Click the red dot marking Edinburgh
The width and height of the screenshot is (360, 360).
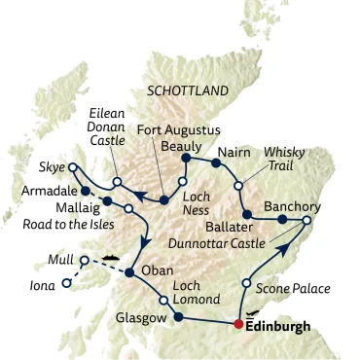(238, 324)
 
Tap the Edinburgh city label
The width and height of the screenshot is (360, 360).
(278, 327)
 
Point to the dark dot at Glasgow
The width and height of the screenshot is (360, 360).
(178, 316)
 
